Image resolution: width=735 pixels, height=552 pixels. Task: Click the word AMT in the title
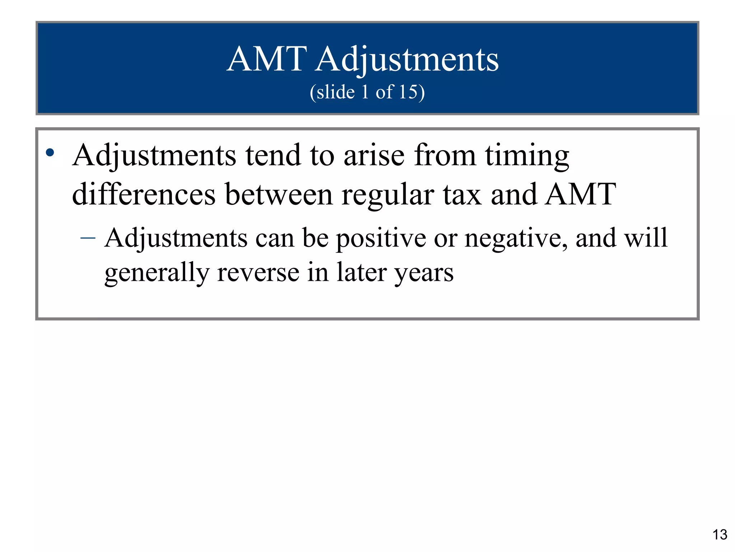click(267, 59)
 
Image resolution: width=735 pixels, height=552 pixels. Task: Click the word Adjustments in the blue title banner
click(407, 60)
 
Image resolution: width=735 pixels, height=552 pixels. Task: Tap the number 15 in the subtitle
click(408, 92)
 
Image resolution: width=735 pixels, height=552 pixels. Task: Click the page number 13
click(720, 535)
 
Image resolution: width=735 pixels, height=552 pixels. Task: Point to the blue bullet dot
click(50, 153)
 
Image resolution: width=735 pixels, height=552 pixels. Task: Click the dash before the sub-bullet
click(88, 238)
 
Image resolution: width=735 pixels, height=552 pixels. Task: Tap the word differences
click(144, 194)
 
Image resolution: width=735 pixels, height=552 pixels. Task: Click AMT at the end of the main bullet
click(580, 194)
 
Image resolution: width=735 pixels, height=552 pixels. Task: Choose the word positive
click(381, 239)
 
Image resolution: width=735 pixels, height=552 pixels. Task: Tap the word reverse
click(258, 272)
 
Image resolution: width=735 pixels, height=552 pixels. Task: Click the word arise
click(374, 156)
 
